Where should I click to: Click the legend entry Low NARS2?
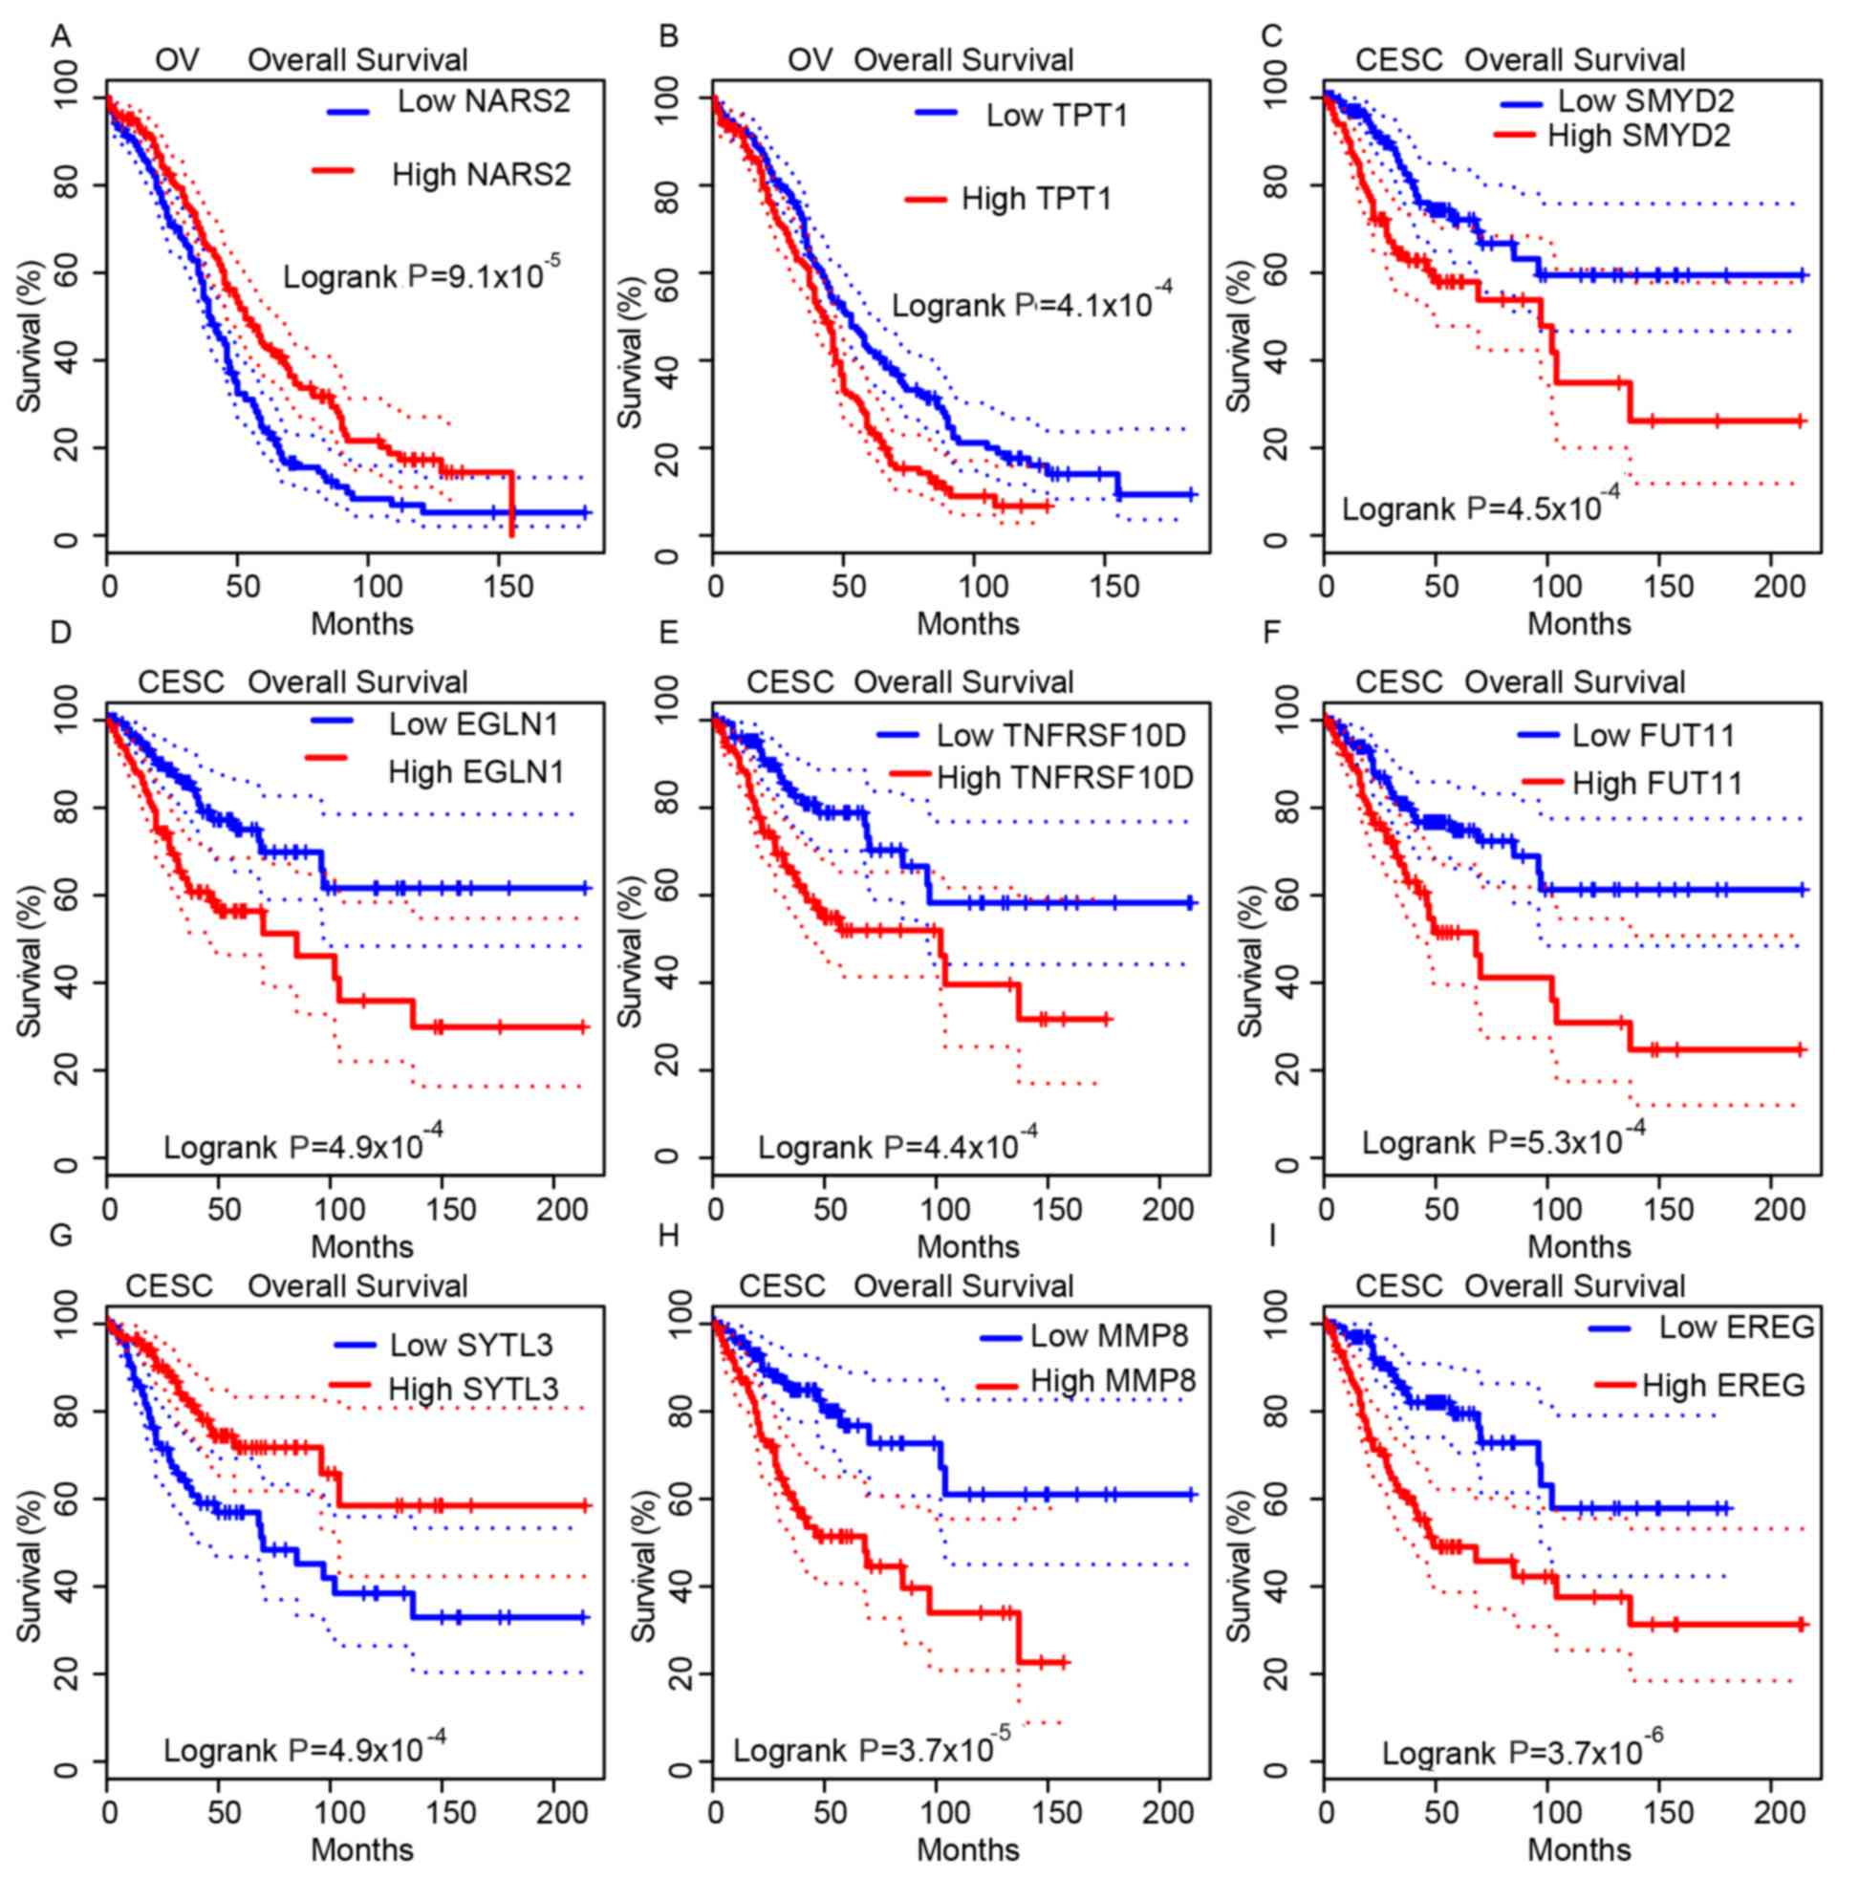tap(484, 102)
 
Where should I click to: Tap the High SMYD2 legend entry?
tap(1638, 136)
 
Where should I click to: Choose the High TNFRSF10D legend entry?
tap(1065, 778)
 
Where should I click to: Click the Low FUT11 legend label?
tap(1653, 736)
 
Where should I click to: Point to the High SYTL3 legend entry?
tap(472, 1389)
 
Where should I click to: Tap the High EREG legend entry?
tap(1723, 1385)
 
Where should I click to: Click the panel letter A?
tap(60, 37)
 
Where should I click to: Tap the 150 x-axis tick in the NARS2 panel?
tap(508, 587)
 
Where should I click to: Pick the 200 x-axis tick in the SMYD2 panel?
tap(1781, 587)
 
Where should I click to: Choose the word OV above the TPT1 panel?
tap(810, 60)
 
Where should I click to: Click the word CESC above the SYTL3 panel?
tap(168, 1286)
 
